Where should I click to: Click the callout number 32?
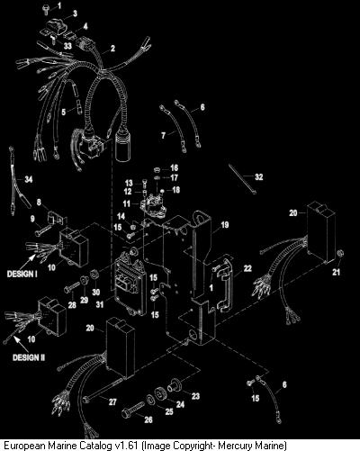tap(258, 177)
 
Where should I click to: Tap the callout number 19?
tap(225, 225)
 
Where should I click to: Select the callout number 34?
tap(28, 179)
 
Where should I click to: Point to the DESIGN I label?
tap(22, 274)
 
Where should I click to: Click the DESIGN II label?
tap(29, 357)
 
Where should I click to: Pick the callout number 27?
tap(112, 401)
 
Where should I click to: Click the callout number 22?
tap(247, 268)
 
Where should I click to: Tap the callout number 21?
tap(337, 272)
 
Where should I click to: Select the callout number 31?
tap(100, 304)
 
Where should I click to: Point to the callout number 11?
tap(127, 203)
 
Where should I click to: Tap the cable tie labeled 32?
tap(242, 178)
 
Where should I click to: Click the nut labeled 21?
tap(340, 254)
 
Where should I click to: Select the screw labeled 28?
tap(71, 287)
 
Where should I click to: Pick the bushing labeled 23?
tap(174, 384)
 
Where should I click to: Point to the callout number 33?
tap(67, 46)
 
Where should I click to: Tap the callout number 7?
tap(163, 136)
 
